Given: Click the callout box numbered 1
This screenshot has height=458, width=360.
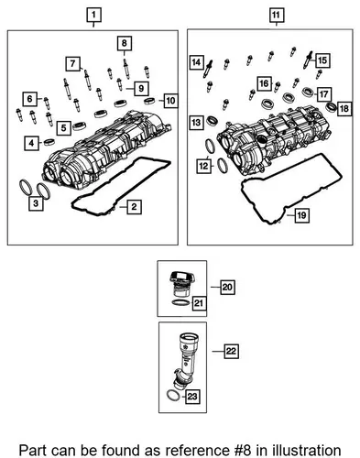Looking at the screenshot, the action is click(x=93, y=15).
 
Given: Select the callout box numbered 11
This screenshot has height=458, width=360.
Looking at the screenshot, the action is click(x=276, y=15).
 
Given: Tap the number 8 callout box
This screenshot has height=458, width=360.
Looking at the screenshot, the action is click(x=124, y=43).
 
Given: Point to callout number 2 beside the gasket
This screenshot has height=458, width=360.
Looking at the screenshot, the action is click(x=134, y=207).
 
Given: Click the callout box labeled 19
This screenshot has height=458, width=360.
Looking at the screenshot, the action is click(x=301, y=215).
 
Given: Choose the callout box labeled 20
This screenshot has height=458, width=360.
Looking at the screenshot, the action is click(x=227, y=287).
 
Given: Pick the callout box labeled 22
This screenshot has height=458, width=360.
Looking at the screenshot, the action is click(x=231, y=351).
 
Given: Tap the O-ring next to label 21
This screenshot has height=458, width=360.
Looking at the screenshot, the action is click(x=180, y=303).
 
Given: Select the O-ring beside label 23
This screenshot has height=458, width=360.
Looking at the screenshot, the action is click(x=174, y=396).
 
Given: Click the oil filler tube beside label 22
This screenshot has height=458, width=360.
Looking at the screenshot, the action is click(x=186, y=361).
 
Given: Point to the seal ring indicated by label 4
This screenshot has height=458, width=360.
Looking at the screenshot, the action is click(x=49, y=142).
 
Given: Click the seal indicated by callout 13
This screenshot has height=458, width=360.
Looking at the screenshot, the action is click(x=213, y=121).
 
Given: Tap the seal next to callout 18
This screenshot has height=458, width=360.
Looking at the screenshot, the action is click(x=331, y=107).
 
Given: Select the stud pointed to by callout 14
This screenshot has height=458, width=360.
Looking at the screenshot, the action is click(x=208, y=69).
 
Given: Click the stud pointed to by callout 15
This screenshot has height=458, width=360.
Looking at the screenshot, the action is click(x=308, y=60).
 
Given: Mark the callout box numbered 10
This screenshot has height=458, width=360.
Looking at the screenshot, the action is click(x=170, y=101).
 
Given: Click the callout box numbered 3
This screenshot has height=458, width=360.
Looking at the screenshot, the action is click(x=36, y=203).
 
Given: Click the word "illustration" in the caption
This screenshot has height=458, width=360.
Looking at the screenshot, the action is click(x=307, y=451).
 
